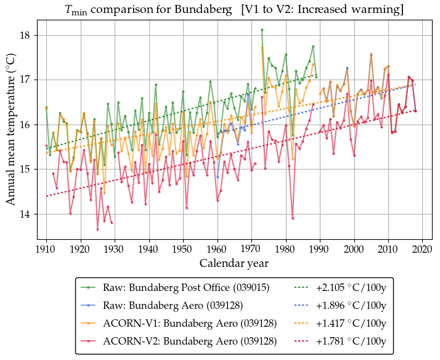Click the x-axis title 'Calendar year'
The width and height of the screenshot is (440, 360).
[233, 263]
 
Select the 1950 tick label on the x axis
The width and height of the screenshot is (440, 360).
[183, 248]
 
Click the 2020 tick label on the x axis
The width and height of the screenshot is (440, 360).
[422, 248]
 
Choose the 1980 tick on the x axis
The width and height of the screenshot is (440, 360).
[285, 248]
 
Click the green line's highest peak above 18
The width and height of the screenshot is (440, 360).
[262, 30]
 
